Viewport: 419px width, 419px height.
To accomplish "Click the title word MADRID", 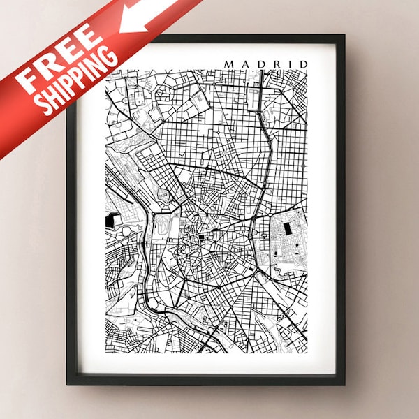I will point(266,64).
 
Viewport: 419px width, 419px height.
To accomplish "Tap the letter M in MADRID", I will point(229,64).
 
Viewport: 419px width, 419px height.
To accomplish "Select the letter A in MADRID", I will point(244,64).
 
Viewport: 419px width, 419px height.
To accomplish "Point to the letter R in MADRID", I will point(274,64).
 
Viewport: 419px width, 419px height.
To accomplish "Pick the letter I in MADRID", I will point(288,64).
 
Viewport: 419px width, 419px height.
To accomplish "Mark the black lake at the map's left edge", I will point(111,221).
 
